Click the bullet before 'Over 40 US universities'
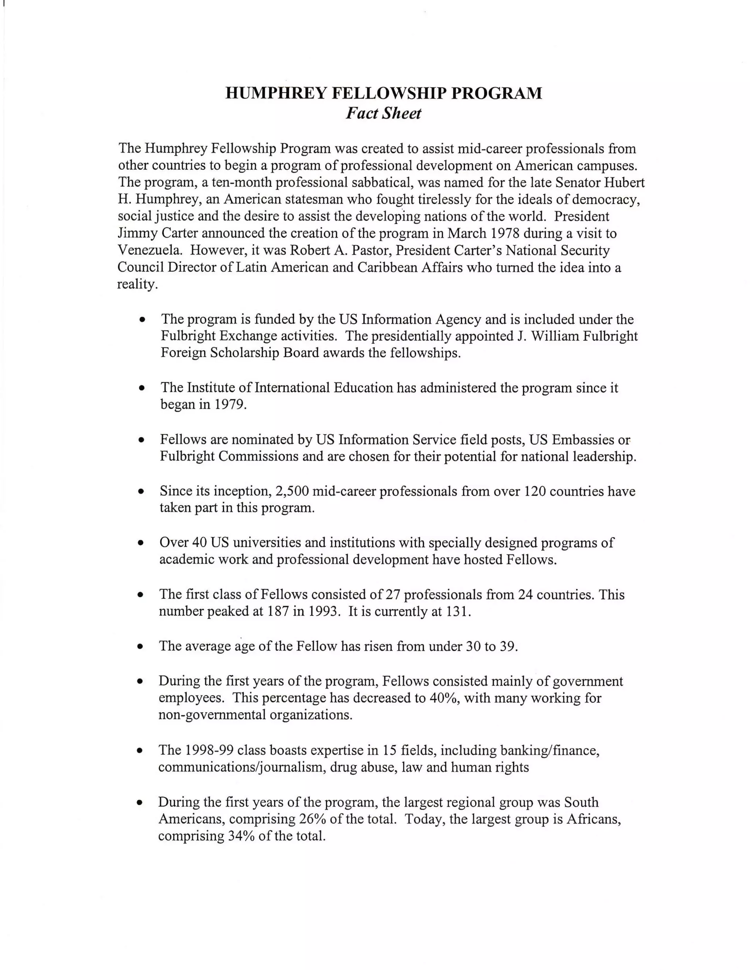141,543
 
